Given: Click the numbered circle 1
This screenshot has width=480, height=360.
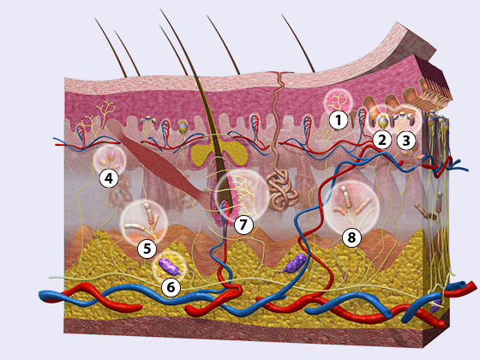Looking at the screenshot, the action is (339, 120).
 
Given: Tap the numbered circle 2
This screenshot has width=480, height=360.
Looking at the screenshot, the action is (382, 141).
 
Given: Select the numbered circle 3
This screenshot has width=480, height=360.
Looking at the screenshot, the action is (406, 141).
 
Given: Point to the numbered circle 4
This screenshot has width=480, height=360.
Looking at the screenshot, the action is (109, 178).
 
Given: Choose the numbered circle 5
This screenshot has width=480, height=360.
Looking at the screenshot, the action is (147, 249).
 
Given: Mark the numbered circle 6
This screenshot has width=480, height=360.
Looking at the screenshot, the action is (171, 287).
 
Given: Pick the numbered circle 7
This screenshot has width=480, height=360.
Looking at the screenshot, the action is (243, 225).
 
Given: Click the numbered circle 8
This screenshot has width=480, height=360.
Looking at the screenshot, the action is (351, 237).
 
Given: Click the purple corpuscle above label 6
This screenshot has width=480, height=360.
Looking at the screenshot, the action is (170, 267).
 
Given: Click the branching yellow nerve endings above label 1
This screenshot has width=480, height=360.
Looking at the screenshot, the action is (337, 101).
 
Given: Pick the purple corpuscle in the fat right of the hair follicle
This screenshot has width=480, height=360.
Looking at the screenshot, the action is (295, 263).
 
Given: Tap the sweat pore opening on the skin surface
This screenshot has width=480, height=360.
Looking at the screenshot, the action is (279, 74).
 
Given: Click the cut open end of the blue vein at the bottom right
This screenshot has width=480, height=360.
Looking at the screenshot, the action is (387, 314).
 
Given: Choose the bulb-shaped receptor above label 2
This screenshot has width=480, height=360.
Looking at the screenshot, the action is (382, 122).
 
